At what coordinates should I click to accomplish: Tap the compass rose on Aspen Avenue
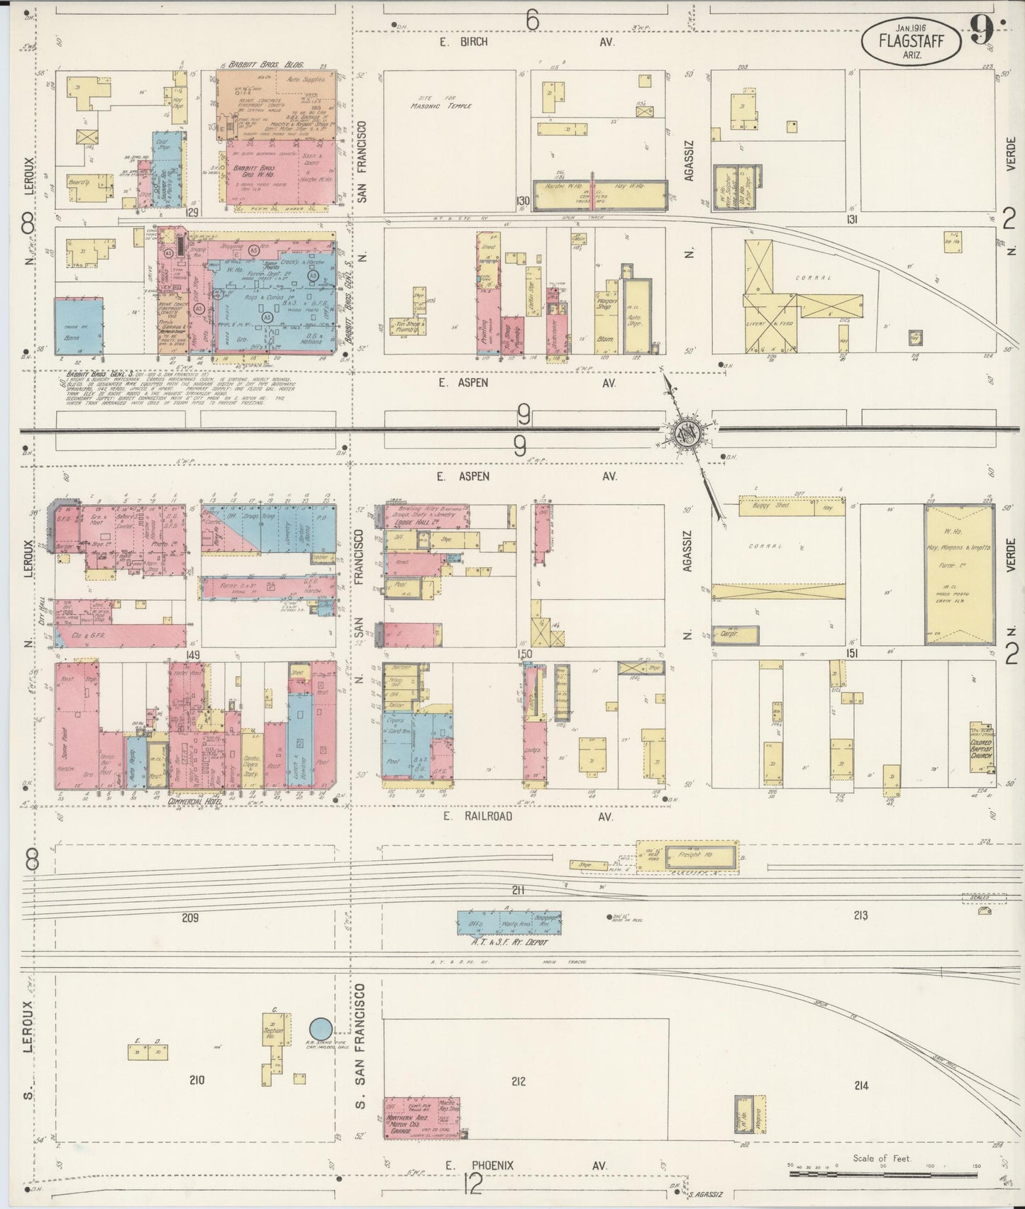coord(687,432)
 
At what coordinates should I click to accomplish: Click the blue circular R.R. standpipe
coord(321,1027)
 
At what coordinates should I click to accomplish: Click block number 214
coord(861,1105)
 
